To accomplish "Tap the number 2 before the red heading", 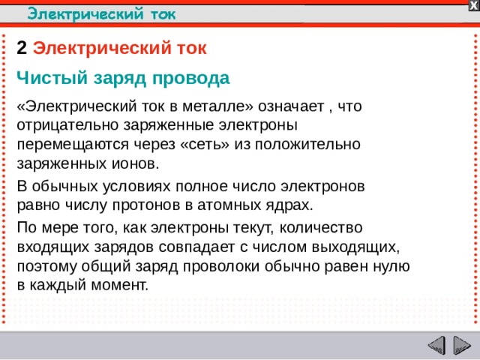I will click(22, 49).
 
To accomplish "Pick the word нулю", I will click(391, 265).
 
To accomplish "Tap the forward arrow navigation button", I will click(461, 346).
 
